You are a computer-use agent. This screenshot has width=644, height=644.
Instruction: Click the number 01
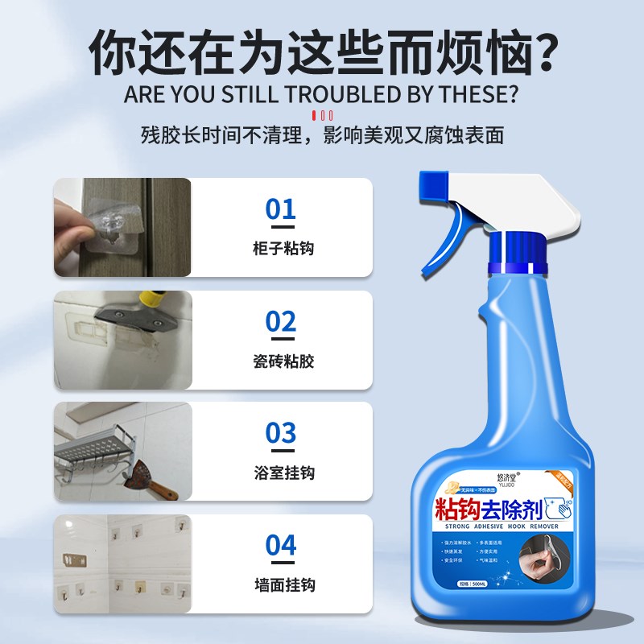coord(281,210)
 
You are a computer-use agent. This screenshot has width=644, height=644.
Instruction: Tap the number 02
coord(281,322)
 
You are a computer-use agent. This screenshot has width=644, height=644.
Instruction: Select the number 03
coord(281,433)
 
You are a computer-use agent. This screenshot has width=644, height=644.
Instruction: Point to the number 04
coord(281,545)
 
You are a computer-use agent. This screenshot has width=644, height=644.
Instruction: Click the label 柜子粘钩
coord(282,249)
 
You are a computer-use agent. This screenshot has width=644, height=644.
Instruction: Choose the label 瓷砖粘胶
coord(282,361)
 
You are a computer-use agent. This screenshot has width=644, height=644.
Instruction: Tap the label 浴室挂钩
coord(282,473)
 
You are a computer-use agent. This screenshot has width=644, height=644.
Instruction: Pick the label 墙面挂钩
coord(282,585)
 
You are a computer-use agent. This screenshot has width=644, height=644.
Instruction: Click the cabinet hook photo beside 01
coord(122,228)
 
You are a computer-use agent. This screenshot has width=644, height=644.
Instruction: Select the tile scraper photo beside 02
coord(122,340)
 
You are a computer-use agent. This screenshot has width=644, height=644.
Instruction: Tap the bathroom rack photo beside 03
coord(122,452)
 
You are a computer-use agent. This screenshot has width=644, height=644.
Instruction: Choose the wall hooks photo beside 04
coord(122,563)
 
